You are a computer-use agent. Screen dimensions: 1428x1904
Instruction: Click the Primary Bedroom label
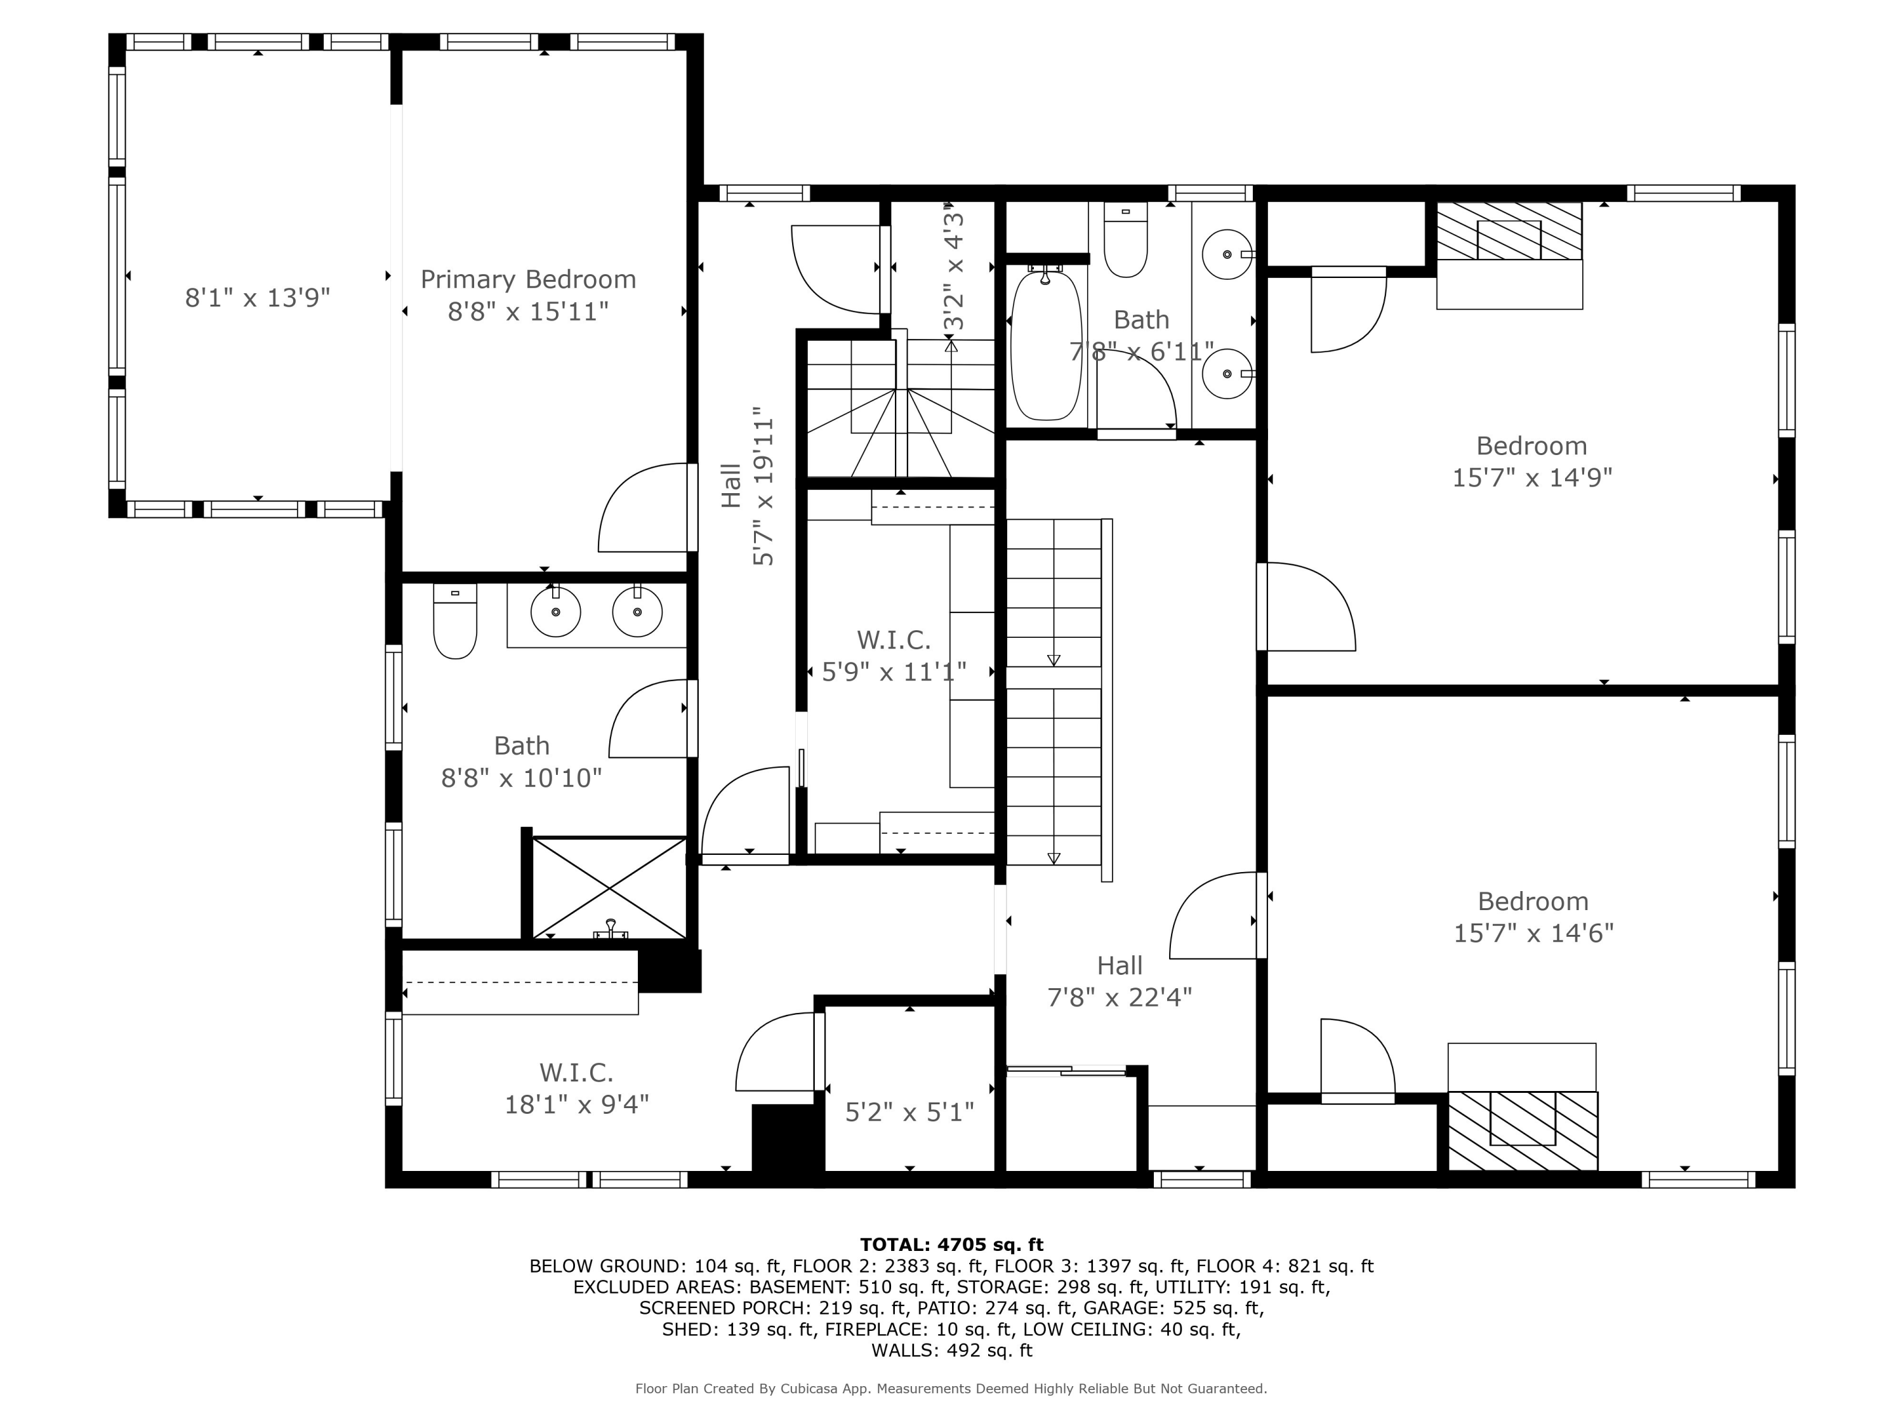[x=527, y=294]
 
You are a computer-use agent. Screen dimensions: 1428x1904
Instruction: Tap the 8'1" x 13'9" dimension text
[x=258, y=298]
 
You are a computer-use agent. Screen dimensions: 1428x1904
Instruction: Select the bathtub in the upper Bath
[x=1046, y=346]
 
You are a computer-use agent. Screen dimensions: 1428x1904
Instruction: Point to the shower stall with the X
[x=609, y=887]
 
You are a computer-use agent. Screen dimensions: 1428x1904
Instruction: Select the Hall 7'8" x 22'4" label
[x=1119, y=981]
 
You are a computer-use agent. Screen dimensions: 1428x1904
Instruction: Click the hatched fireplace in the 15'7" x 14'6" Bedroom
[x=1522, y=1130]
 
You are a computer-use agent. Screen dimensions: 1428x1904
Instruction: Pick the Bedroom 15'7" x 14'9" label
[x=1531, y=461]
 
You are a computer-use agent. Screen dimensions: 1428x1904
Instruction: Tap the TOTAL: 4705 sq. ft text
[x=951, y=1244]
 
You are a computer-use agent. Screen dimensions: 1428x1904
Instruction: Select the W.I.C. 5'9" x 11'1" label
[x=894, y=656]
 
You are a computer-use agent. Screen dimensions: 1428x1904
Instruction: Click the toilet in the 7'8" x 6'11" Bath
[x=1125, y=241]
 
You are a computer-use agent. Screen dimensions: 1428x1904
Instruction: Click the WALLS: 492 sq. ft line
[x=951, y=1350]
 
